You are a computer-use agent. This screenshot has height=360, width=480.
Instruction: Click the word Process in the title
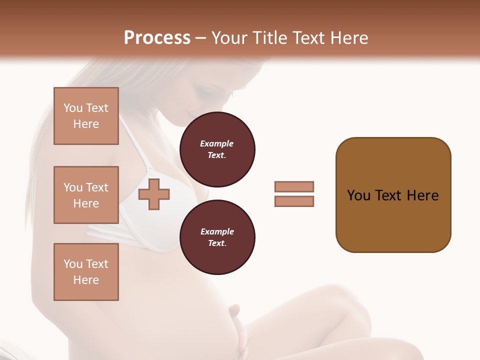pos(157,38)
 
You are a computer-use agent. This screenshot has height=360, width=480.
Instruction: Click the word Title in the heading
pos(270,38)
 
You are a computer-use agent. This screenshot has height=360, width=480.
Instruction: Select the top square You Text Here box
pos(86,116)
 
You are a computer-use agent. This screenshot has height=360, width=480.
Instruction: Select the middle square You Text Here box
pos(86,195)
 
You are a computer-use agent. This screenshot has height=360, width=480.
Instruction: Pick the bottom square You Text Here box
pos(86,272)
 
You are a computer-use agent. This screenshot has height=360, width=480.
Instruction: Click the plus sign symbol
pos(154,194)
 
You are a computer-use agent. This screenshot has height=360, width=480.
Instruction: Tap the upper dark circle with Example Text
pos(217,149)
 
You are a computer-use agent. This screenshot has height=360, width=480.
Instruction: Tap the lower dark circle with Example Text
pos(217,237)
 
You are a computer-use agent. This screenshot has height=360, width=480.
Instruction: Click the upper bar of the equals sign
pos(294,186)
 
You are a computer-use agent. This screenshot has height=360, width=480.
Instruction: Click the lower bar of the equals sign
pos(294,201)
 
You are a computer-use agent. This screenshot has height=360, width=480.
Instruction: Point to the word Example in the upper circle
pos(217,144)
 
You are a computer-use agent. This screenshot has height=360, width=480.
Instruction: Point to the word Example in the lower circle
pos(217,232)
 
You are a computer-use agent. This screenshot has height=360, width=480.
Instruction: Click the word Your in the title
pos(230,38)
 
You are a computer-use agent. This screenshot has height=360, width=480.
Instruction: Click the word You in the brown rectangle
pos(358,195)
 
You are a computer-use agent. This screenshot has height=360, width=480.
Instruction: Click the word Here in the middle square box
pos(86,203)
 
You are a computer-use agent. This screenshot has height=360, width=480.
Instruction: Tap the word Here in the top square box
pos(86,124)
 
